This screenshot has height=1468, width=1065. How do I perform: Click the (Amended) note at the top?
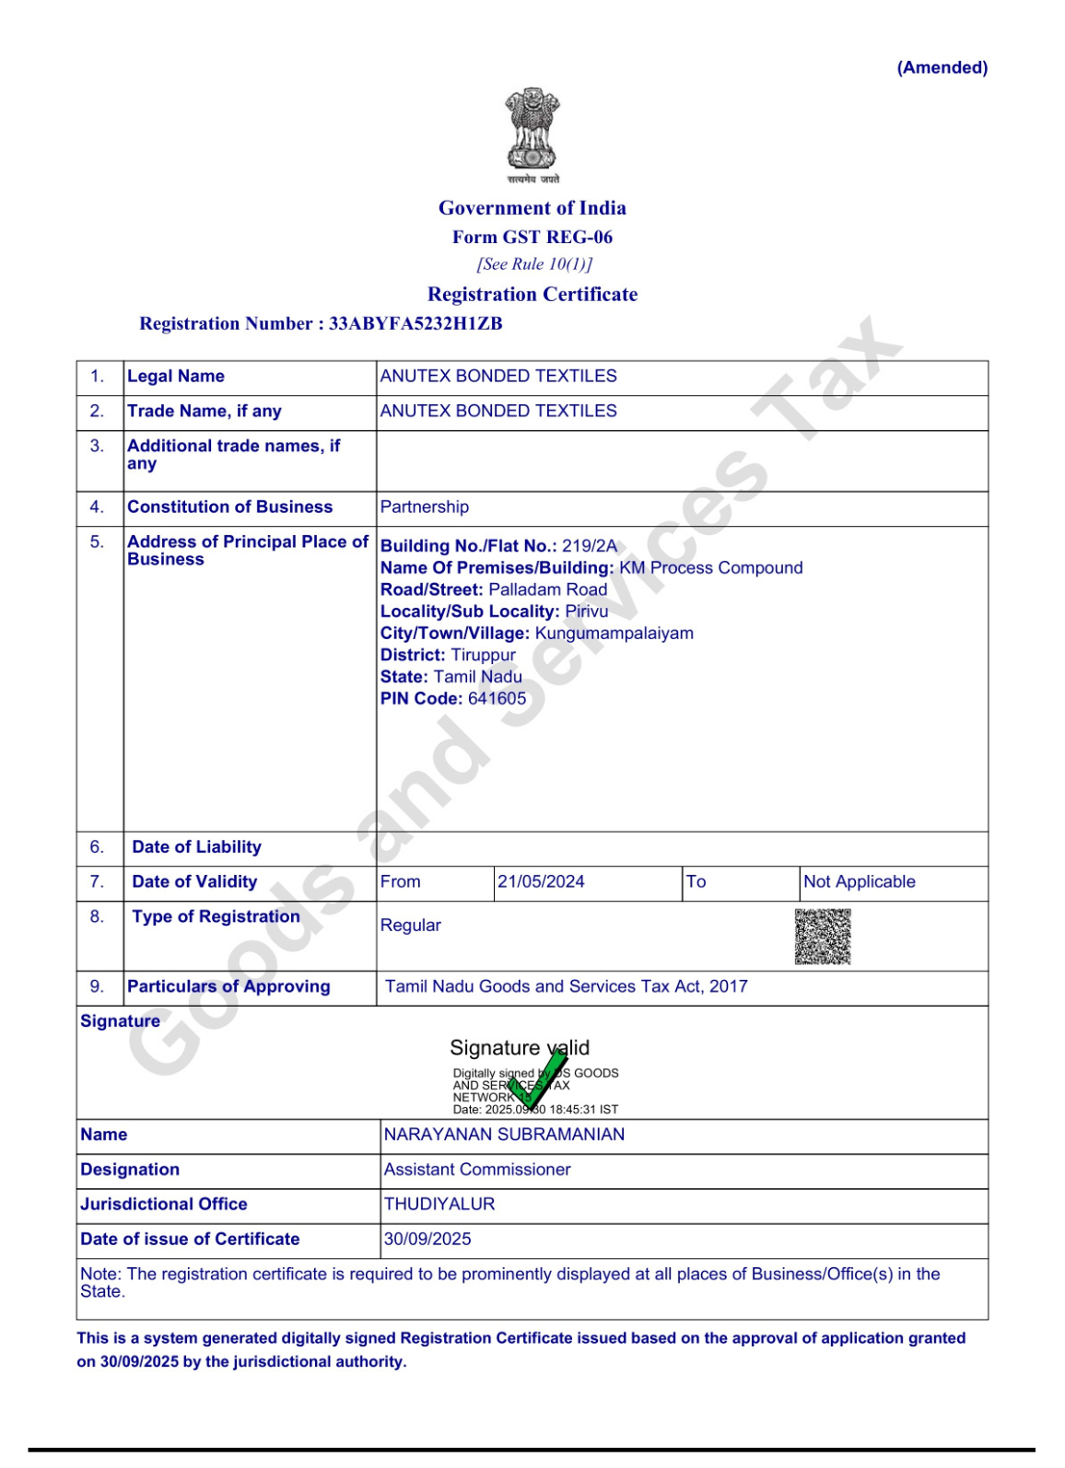(x=942, y=68)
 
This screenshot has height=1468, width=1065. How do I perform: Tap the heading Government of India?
(x=532, y=208)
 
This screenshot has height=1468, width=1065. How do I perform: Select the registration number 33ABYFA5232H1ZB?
(x=415, y=323)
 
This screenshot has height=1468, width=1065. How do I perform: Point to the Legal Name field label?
(x=176, y=376)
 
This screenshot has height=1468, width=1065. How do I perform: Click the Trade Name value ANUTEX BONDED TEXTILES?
(x=498, y=411)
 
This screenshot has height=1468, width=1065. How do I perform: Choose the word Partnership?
(x=425, y=507)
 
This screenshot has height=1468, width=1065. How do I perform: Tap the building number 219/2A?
(x=590, y=545)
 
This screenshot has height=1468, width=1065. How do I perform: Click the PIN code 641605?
(x=497, y=698)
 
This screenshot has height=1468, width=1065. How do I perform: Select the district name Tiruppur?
(x=484, y=655)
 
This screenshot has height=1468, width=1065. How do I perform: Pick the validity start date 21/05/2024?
(x=541, y=881)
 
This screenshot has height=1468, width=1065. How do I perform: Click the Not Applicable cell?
(x=860, y=881)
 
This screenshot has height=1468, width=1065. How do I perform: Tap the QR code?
(x=823, y=937)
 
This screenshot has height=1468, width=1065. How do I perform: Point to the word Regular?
(x=411, y=925)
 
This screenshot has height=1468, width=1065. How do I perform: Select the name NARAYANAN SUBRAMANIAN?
(x=504, y=1135)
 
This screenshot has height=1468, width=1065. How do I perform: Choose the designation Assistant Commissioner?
(x=477, y=1170)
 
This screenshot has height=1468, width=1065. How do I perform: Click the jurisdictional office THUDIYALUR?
(x=439, y=1204)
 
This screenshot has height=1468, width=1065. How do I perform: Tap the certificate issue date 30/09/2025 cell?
(x=427, y=1239)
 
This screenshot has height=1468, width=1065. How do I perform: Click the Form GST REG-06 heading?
(x=532, y=238)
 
